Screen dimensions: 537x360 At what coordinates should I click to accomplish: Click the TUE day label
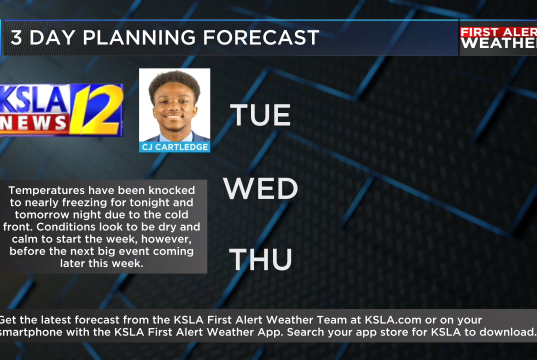[x=260, y=114]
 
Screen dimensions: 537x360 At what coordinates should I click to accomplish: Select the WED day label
[x=260, y=188]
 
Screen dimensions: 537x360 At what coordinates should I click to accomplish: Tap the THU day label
[x=260, y=259]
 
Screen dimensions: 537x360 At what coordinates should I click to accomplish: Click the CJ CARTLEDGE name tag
[x=174, y=147]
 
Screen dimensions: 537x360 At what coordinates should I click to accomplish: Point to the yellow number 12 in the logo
[x=97, y=109]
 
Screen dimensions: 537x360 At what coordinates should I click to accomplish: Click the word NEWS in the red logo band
[x=33, y=123]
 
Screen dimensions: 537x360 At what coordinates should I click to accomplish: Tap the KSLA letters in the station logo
[x=34, y=100]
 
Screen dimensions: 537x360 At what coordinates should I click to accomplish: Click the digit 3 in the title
[x=16, y=37]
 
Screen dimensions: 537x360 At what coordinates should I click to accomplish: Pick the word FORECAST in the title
[x=261, y=37]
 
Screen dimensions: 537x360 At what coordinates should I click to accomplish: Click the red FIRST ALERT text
[x=498, y=32]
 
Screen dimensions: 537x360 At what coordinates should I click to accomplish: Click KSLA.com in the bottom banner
[x=393, y=320]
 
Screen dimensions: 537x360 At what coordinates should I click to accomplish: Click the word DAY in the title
[x=52, y=37]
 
